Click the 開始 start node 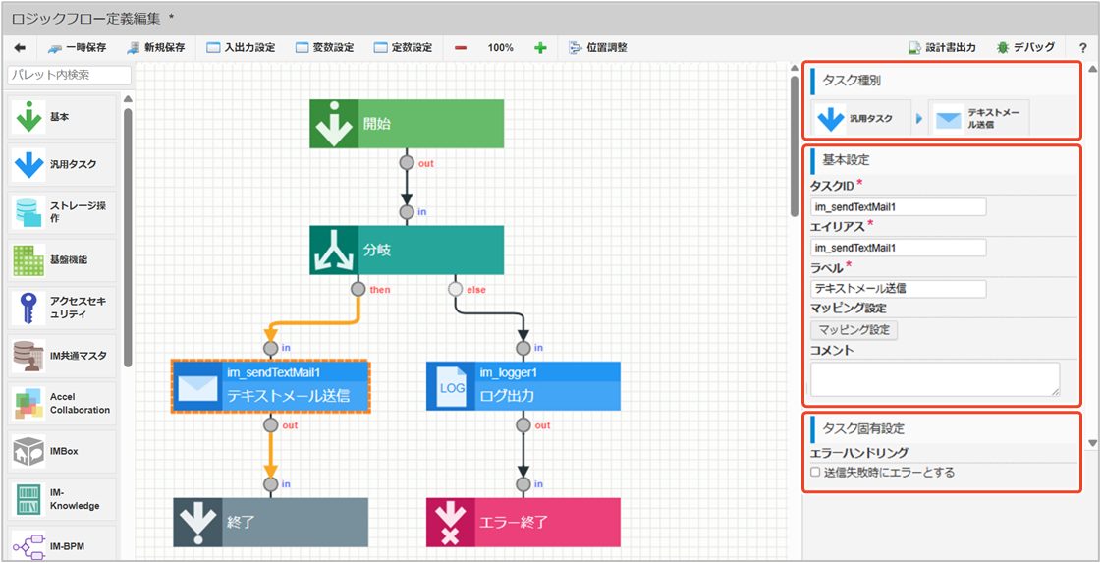pos(407,124)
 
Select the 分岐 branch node pos(407,250)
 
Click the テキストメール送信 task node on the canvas pos(270,386)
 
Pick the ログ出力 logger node pos(523,386)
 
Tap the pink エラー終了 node pos(523,523)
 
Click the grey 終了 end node pos(270,523)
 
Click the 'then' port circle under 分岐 pos(358,289)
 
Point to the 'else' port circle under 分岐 pos(456,289)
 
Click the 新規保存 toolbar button pos(156,48)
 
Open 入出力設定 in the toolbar pos(241,48)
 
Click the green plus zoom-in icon pos(540,48)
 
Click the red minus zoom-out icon pos(461,48)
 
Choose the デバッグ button pos(1025,48)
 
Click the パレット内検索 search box pos(70,76)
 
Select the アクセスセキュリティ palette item pos(63,308)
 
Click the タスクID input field pos(898,206)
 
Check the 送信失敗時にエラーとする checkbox pos(815,473)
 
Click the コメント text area pos(935,379)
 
